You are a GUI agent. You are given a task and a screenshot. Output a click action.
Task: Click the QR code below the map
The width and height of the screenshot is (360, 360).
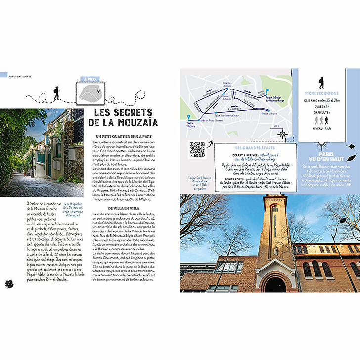coord(197,150)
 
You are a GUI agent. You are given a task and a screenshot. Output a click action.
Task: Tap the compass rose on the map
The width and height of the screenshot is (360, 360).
coord(282,134)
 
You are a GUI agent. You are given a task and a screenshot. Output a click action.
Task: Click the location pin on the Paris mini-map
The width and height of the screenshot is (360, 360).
coord(99,91)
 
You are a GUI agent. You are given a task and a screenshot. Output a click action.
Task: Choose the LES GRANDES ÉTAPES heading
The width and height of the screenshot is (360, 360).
coord(252,148)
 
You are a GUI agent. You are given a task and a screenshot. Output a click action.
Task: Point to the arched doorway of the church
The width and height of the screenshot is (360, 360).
coord(275,284)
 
